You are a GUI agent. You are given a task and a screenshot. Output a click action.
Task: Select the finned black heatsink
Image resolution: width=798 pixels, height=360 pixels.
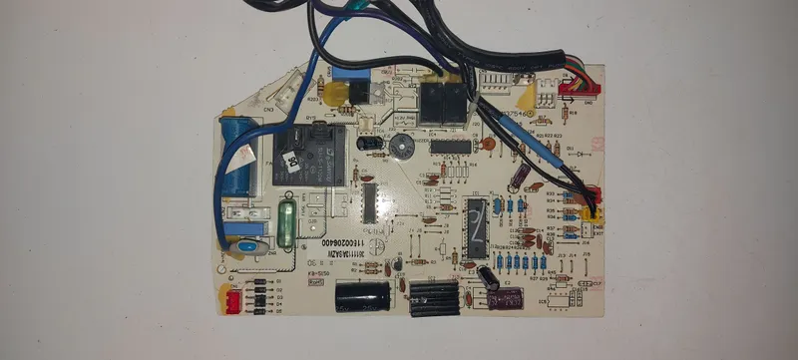click(433, 296)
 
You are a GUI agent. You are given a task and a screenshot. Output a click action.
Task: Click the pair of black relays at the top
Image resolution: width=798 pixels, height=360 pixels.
click(442, 103)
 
